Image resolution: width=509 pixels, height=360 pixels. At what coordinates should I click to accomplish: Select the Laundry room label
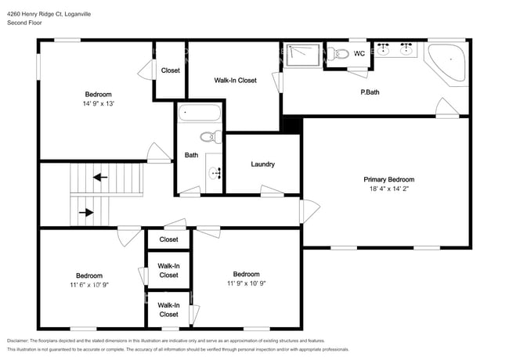tap(262, 164)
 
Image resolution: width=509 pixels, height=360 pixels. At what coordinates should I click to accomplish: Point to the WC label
tap(359, 53)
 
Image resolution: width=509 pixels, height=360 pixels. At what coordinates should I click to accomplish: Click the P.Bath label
tap(370, 92)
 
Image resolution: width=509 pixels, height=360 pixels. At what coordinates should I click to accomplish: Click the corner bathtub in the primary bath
tap(449, 62)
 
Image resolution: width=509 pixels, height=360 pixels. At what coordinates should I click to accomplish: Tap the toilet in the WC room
tap(338, 53)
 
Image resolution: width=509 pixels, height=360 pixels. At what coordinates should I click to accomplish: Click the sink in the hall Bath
tap(215, 171)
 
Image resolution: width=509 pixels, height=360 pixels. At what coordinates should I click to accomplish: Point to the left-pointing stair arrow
tap(100, 177)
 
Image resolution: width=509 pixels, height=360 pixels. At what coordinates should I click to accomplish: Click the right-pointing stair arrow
tap(85, 211)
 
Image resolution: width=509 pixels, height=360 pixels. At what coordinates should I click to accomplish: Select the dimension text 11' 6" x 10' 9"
tap(88, 284)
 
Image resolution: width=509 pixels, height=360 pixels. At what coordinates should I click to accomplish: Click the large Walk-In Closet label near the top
tap(235, 80)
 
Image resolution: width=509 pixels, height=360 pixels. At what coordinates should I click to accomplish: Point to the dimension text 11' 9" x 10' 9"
tap(246, 283)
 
